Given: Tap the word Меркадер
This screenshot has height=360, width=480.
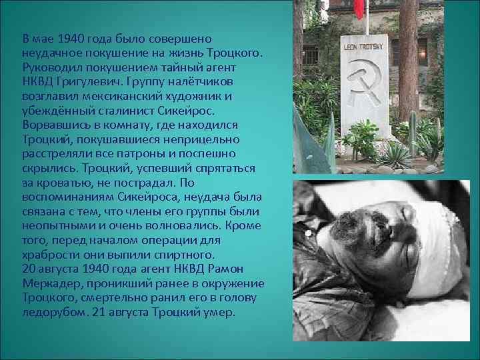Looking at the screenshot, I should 49,282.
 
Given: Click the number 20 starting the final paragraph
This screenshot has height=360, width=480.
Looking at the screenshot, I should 29,268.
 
